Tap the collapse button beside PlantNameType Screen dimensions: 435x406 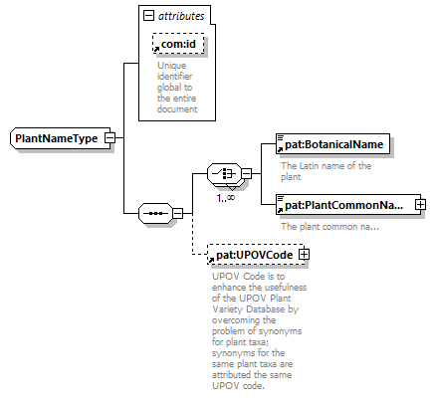(x=110, y=138)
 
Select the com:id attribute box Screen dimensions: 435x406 (x=178, y=44)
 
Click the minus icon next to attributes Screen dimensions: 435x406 (x=148, y=16)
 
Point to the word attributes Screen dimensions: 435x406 (x=181, y=16)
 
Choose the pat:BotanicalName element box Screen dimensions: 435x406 (x=332, y=144)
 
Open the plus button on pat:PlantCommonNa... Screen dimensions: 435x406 (x=420, y=204)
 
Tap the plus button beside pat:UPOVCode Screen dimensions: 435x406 (x=304, y=255)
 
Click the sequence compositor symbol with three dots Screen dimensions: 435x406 (x=155, y=213)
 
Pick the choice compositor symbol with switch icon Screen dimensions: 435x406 (x=225, y=173)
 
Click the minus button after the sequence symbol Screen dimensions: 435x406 (x=178, y=213)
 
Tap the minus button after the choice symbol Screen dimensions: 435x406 (x=247, y=173)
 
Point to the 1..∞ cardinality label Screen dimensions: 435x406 (x=226, y=198)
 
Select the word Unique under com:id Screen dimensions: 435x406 (x=172, y=66)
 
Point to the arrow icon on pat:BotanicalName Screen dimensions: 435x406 (x=280, y=149)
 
